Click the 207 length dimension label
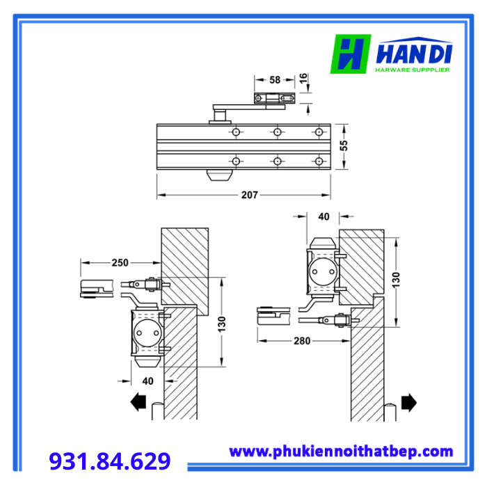[249, 195]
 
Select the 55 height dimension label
[344, 145]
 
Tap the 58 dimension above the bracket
[275, 80]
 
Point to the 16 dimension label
[303, 78]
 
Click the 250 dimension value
[120, 263]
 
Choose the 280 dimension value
[302, 341]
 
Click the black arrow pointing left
[138, 402]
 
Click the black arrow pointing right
[409, 403]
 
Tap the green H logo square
[351, 54]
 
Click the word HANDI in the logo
[414, 55]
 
